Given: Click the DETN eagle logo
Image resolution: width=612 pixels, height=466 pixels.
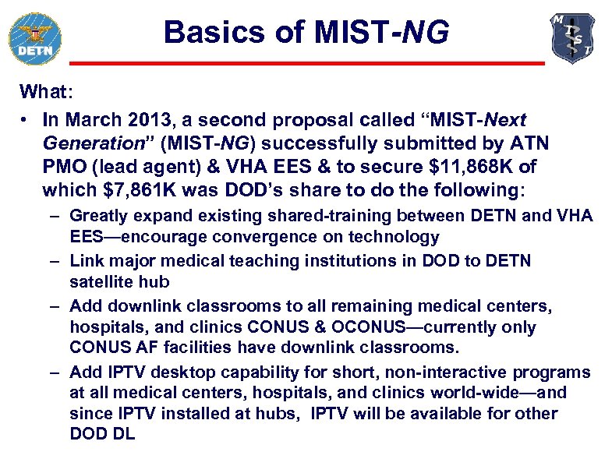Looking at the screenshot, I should [x=34, y=38].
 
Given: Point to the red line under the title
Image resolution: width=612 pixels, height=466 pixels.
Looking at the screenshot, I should [x=307, y=63].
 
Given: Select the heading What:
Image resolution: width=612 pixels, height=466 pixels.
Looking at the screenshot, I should [x=46, y=91].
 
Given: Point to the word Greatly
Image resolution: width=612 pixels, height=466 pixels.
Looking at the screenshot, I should [x=96, y=216].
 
